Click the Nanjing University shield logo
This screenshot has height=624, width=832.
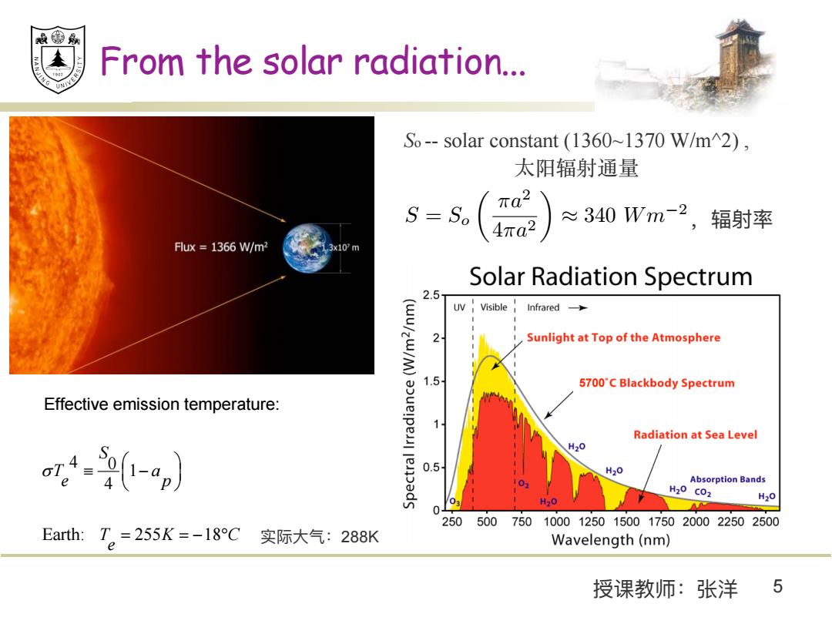click(58, 59)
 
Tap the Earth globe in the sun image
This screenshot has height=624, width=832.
click(307, 248)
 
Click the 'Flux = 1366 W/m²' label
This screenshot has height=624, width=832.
click(221, 247)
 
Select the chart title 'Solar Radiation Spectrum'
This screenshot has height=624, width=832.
click(611, 277)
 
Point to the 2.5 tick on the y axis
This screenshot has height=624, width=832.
click(431, 295)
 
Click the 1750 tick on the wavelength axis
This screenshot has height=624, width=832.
click(661, 522)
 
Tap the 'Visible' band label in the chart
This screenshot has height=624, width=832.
click(494, 307)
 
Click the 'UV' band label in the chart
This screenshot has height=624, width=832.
click(459, 307)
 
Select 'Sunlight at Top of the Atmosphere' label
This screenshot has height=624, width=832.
click(623, 337)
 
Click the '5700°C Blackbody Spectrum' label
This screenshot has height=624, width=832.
click(657, 383)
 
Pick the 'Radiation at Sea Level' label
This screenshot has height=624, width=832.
click(695, 434)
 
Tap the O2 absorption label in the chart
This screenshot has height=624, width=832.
click(524, 484)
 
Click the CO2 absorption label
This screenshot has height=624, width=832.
click(703, 492)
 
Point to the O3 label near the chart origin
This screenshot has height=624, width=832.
click(455, 502)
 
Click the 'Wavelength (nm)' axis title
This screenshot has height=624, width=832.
click(611, 540)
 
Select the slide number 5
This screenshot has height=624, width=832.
click(778, 586)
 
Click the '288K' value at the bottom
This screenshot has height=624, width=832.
click(360, 537)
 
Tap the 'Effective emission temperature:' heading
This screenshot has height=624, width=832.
click(162, 404)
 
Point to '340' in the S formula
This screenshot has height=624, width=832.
click(599, 215)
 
